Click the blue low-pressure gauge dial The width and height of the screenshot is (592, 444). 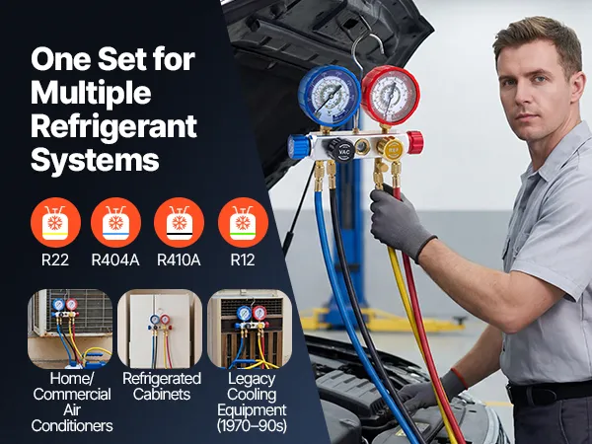tap(330, 96)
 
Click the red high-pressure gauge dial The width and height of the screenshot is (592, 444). tap(391, 95)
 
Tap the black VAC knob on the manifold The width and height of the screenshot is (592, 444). tap(341, 150)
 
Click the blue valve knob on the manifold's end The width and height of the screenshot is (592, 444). tap(299, 147)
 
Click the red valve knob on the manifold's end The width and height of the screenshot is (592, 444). tap(415, 143)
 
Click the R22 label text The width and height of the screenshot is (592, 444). tap(55, 259)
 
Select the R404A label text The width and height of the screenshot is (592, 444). tap(115, 259)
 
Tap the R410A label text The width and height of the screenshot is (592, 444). tap(179, 259)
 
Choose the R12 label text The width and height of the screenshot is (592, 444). tap(243, 259)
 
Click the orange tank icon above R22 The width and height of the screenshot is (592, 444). tap(55, 222)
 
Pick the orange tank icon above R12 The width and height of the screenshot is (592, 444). tap(243, 222)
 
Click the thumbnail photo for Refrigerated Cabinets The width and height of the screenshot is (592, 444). tap(160, 329)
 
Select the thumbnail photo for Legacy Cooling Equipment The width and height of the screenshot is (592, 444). tap(250, 329)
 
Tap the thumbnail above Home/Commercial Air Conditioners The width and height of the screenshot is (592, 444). tap(70, 329)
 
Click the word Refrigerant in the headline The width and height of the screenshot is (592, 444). tap(113, 126)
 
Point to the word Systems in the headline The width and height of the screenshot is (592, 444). tap(95, 159)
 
